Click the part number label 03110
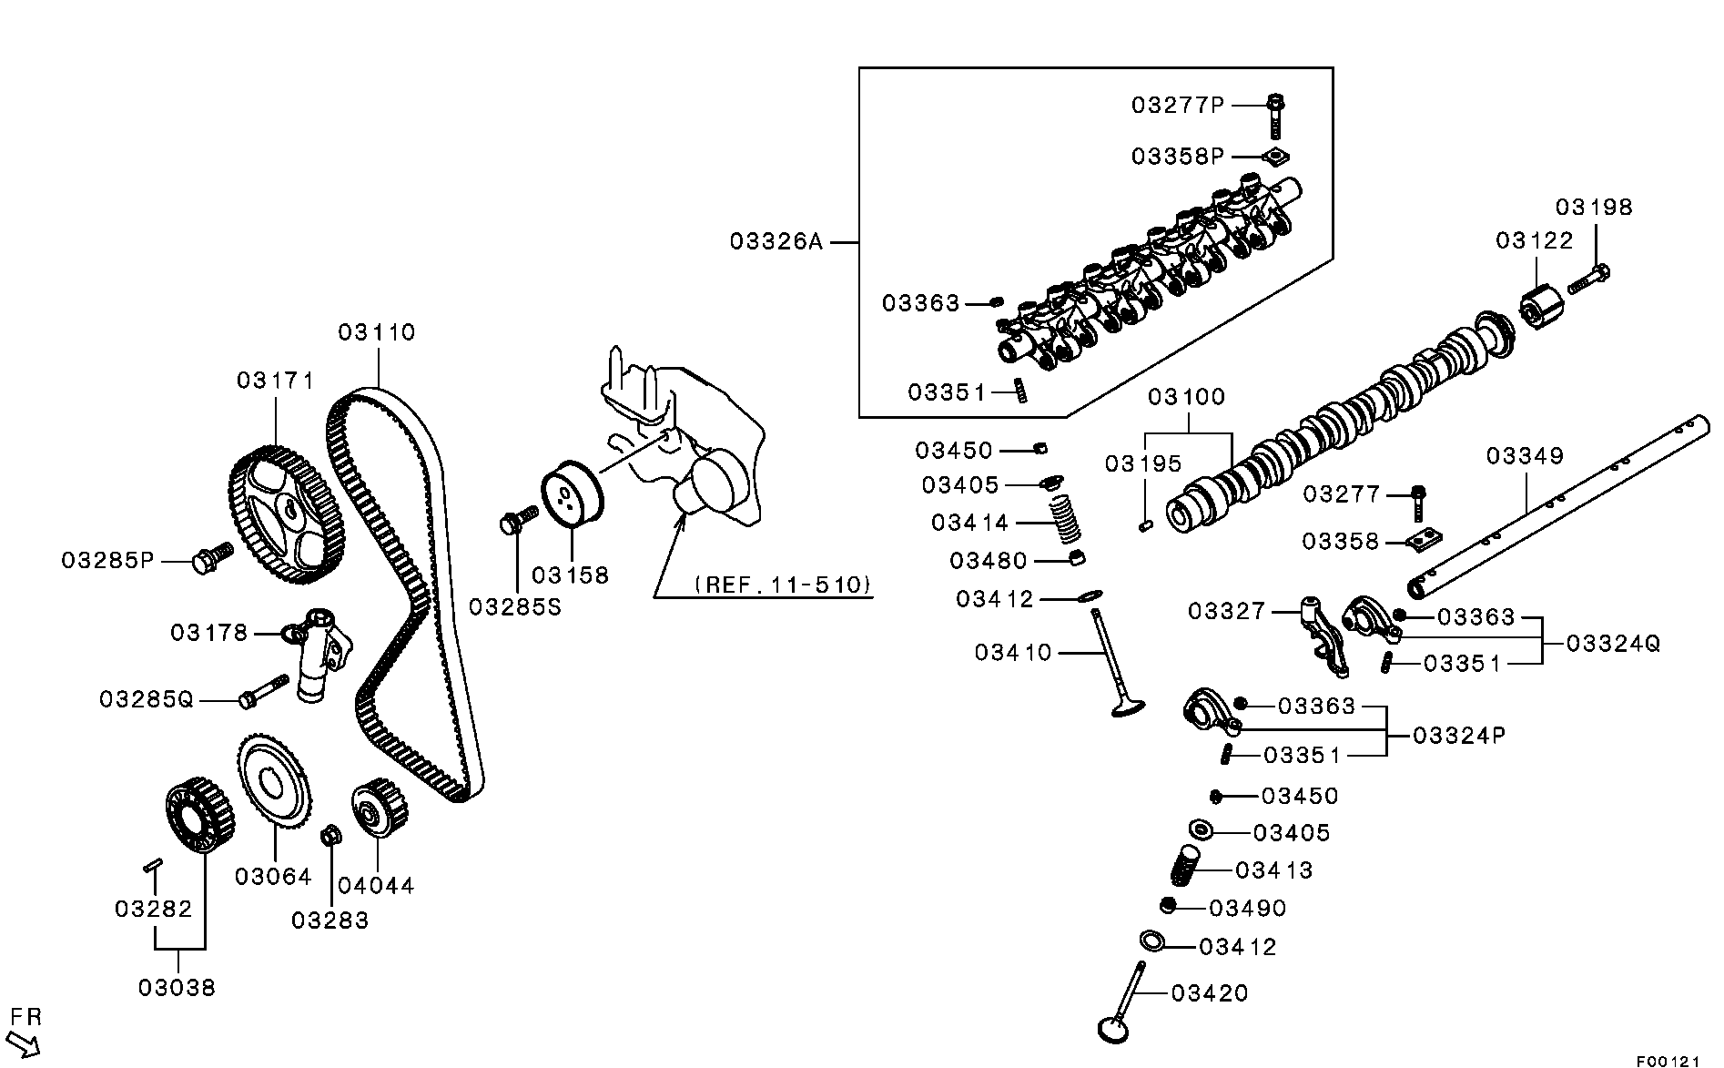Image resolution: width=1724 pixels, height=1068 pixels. click(377, 332)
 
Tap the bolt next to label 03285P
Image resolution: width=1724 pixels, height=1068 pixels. click(209, 558)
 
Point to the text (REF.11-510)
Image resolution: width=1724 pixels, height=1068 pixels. click(783, 585)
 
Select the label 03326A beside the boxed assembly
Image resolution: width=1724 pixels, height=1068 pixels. click(776, 241)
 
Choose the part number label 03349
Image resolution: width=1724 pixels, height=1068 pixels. click(1525, 455)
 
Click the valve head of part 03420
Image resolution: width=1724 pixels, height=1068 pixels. click(1112, 1027)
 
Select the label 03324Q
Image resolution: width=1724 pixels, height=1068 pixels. click(1613, 644)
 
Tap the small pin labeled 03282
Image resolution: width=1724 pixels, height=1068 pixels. click(152, 866)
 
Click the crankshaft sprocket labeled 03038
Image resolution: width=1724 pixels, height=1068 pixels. click(197, 814)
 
